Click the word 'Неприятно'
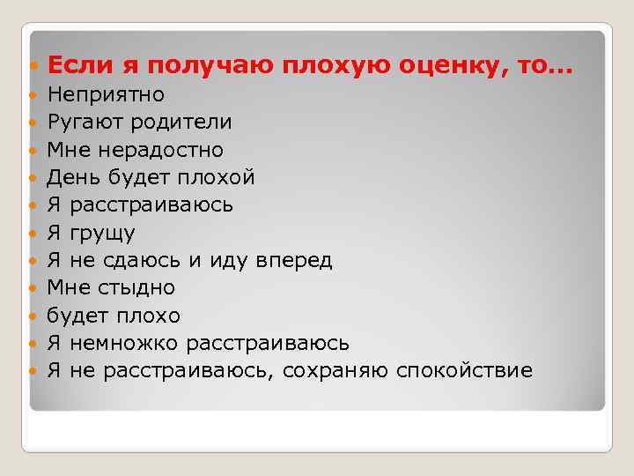pos(106,94)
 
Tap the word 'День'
pos(75,177)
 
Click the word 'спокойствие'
pos(464,370)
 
